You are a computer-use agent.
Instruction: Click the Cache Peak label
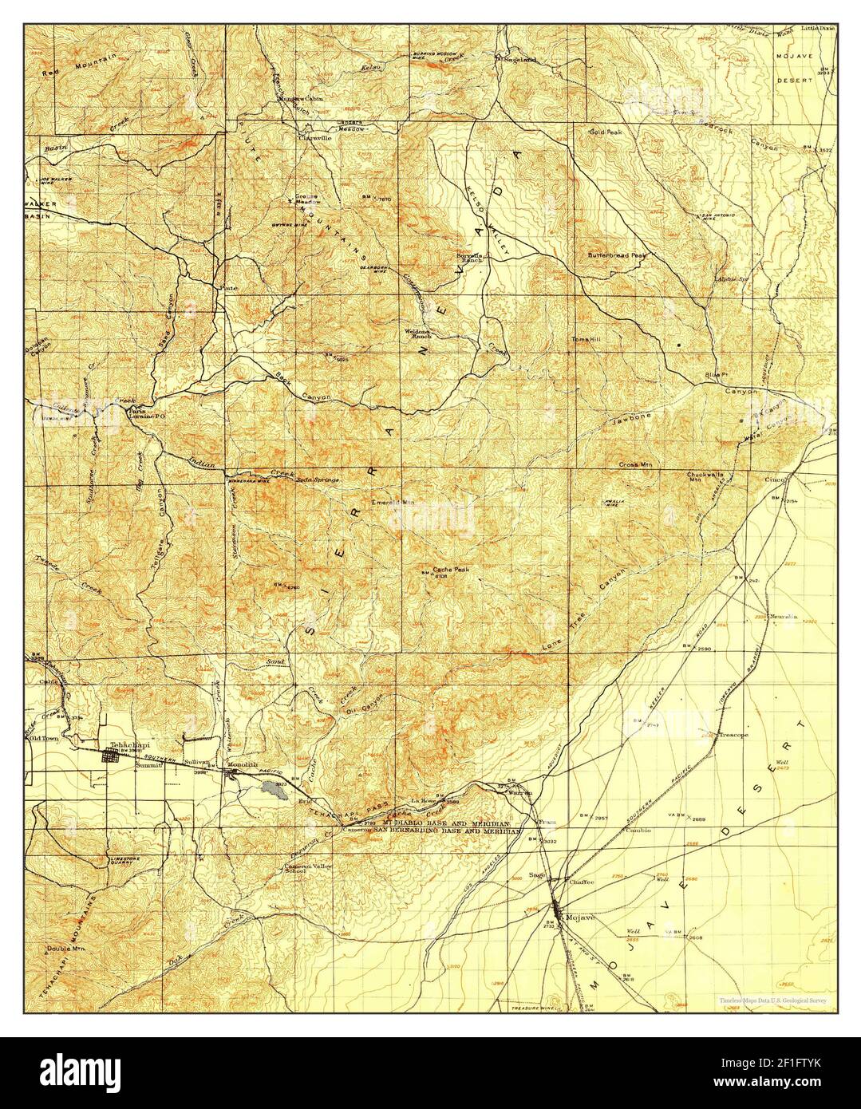pos(450,570)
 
